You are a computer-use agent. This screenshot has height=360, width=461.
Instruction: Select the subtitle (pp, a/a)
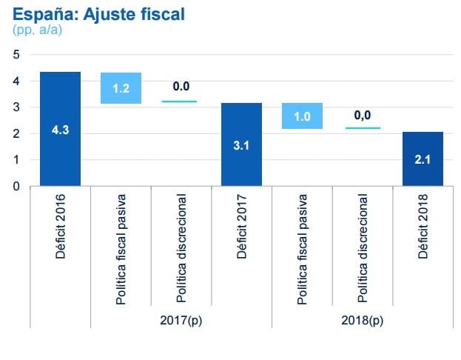[x=36, y=30]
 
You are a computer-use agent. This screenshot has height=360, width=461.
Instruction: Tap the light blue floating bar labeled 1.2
[x=121, y=88]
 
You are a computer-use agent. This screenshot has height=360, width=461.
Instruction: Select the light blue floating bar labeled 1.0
[x=302, y=116]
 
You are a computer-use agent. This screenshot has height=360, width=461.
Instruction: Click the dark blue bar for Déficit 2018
[x=423, y=159]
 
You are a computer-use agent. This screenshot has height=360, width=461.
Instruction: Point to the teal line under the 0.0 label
[x=181, y=101]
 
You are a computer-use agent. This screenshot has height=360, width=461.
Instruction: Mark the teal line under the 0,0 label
[x=363, y=128]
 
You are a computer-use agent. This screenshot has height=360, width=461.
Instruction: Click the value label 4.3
[x=60, y=130]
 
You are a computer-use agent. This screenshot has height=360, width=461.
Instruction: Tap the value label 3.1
[x=241, y=145]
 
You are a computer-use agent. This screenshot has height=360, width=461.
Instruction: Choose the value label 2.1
[x=423, y=159]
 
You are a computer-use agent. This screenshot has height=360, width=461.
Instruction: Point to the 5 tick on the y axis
[x=16, y=54]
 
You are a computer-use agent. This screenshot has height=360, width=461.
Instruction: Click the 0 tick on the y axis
[x=16, y=187]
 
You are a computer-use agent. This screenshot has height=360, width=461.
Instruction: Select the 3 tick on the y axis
[x=16, y=107]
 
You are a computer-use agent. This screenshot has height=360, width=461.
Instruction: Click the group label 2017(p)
[x=181, y=321]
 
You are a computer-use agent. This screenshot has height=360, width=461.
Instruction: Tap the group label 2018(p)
[x=363, y=321]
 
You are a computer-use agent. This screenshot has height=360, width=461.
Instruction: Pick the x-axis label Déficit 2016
[x=61, y=226]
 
